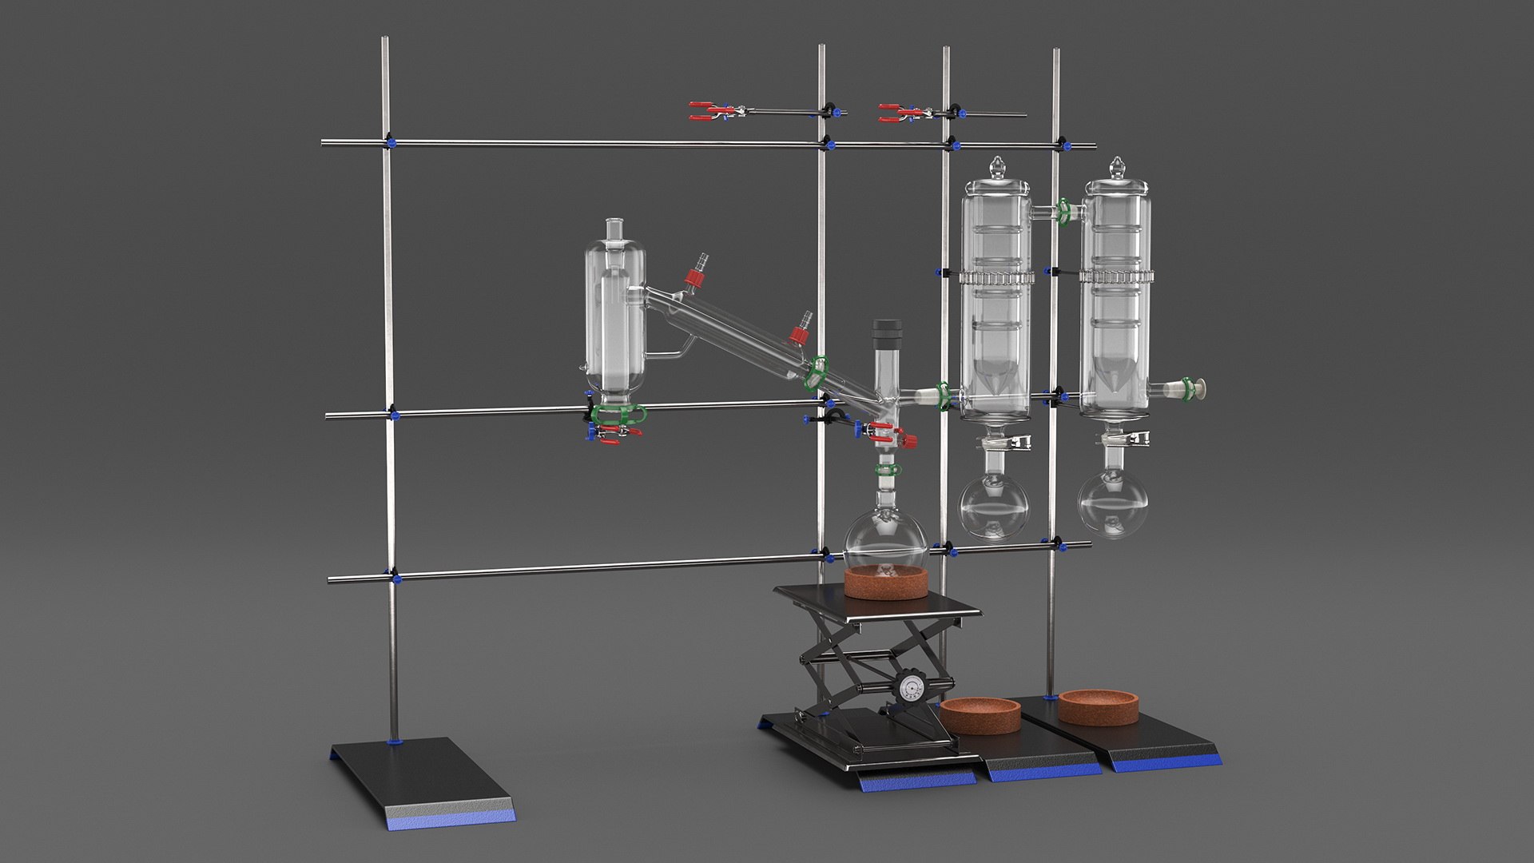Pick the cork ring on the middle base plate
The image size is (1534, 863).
pyautogui.click(x=980, y=716)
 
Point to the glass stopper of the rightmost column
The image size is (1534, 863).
pyautogui.click(x=1115, y=169)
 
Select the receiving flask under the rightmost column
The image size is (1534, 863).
pyautogui.click(x=1111, y=503)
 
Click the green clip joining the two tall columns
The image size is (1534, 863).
pyautogui.click(x=1064, y=211)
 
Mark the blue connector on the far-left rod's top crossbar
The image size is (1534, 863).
pyautogui.click(x=391, y=143)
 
